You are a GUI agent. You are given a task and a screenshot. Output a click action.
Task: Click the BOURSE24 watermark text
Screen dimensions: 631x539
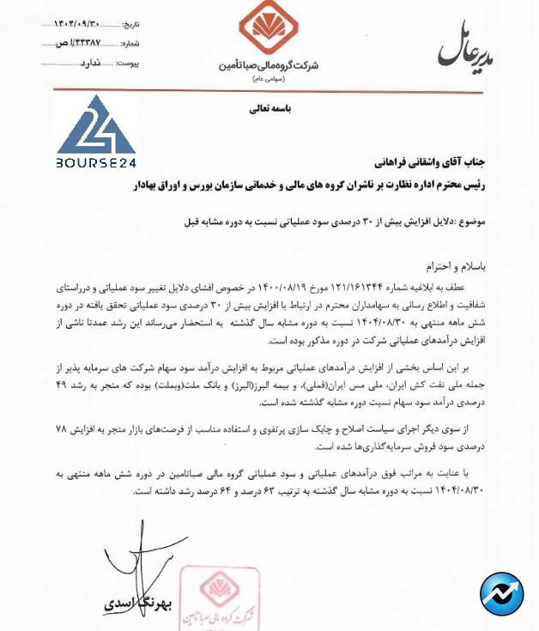[x=96, y=161]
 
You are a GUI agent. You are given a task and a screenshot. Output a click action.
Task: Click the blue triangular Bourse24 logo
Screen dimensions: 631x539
[x=96, y=126]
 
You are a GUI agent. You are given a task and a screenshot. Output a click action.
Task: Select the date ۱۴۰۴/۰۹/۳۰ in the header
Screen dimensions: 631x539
[x=76, y=24]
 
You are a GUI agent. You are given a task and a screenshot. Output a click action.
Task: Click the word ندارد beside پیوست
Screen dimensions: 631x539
[x=89, y=63]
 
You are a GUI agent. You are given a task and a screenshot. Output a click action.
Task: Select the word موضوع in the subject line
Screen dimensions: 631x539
[x=470, y=221]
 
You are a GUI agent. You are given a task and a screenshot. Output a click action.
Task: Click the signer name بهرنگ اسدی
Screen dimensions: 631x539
[x=137, y=604]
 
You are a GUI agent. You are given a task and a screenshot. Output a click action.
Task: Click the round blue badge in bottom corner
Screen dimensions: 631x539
[x=501, y=593]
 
